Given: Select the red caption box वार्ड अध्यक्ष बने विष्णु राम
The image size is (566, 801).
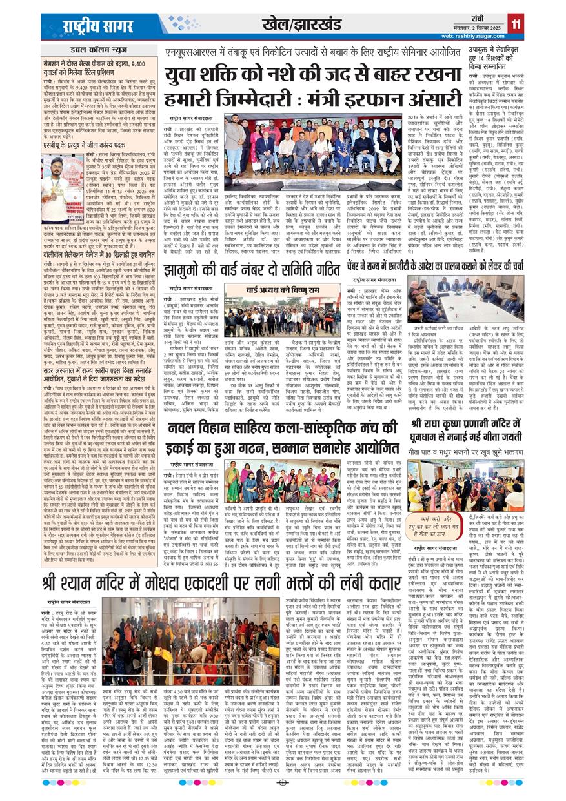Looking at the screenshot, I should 281,290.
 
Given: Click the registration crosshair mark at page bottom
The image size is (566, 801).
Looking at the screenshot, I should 283,783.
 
